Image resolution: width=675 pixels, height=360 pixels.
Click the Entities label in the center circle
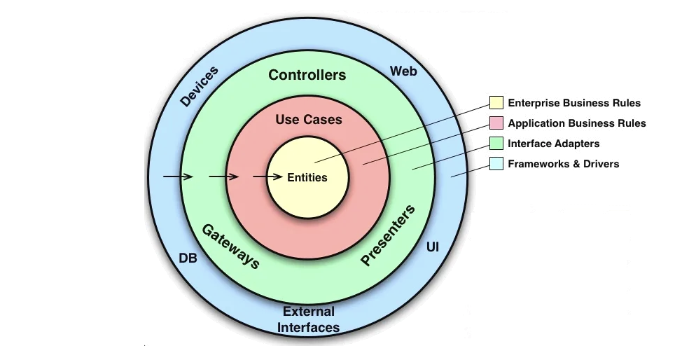(307, 177)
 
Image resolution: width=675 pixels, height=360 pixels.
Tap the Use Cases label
(309, 120)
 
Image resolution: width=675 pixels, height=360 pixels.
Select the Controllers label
(307, 75)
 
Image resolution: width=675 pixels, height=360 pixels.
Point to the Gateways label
(231, 246)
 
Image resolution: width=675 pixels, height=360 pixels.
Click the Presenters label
(388, 235)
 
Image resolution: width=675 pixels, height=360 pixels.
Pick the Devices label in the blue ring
(200, 86)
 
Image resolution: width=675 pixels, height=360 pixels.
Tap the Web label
(403, 71)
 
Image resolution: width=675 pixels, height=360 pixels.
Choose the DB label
(188, 258)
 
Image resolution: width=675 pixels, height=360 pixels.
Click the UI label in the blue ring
(433, 247)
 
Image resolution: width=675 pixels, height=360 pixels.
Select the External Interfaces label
(309, 319)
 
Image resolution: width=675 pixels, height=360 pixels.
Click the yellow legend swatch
(496, 103)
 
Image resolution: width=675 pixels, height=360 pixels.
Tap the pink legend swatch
(496, 123)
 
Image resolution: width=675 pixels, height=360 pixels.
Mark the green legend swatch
(496, 144)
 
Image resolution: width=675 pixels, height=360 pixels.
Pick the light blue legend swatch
(496, 164)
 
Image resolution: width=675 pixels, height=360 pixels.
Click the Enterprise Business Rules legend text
(573, 103)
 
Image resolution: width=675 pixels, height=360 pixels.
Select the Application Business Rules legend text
(576, 123)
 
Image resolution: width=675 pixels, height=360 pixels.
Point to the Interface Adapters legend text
(553, 144)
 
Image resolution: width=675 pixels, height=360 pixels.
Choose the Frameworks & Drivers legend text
(563, 164)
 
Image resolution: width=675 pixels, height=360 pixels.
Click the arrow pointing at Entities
(268, 177)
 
